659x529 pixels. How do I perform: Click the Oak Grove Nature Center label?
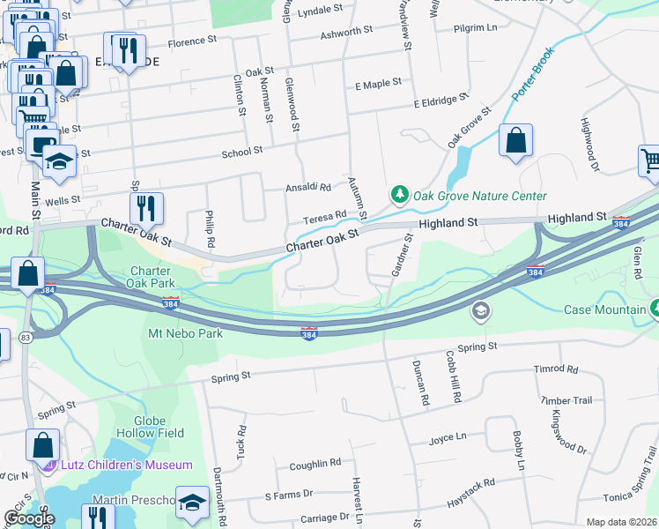pos(480,196)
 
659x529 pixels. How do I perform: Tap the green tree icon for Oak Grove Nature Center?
pos(400,194)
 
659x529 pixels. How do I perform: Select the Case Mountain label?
pos(604,309)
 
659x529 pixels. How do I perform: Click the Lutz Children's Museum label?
pos(126,465)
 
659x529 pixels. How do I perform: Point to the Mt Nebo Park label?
pos(185,333)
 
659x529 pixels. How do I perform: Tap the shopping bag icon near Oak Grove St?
pos(515,140)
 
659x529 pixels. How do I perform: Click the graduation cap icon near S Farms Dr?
pos(191,502)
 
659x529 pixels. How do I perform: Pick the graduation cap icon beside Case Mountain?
pos(480,309)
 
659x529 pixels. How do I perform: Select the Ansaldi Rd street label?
pos(307,188)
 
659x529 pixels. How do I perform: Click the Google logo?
pos(29,518)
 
